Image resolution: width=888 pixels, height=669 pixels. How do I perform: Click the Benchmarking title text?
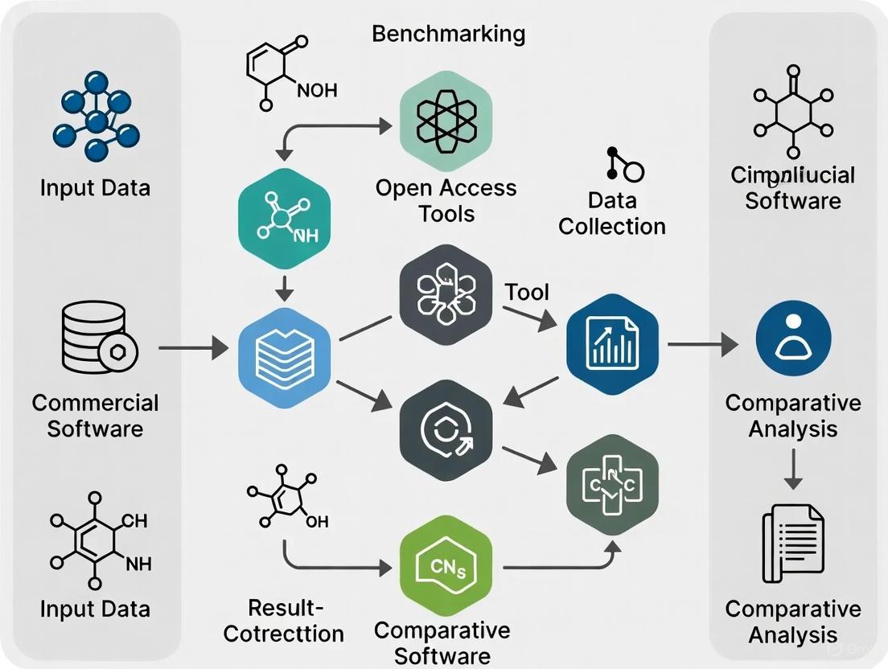[x=448, y=34]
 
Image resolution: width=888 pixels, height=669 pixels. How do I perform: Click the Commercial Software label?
[x=96, y=415]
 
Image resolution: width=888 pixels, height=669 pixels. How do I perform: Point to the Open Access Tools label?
[x=446, y=200]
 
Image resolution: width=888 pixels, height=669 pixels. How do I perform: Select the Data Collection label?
[x=612, y=213]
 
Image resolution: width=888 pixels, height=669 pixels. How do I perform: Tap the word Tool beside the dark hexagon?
[x=527, y=291]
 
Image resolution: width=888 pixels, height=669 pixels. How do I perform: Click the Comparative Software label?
[x=442, y=642]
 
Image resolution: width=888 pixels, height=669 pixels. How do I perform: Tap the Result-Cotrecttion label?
[x=284, y=620]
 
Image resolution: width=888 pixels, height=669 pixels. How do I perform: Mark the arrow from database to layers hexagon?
[x=193, y=348]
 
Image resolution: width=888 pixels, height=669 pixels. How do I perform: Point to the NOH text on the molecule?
[x=318, y=90]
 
